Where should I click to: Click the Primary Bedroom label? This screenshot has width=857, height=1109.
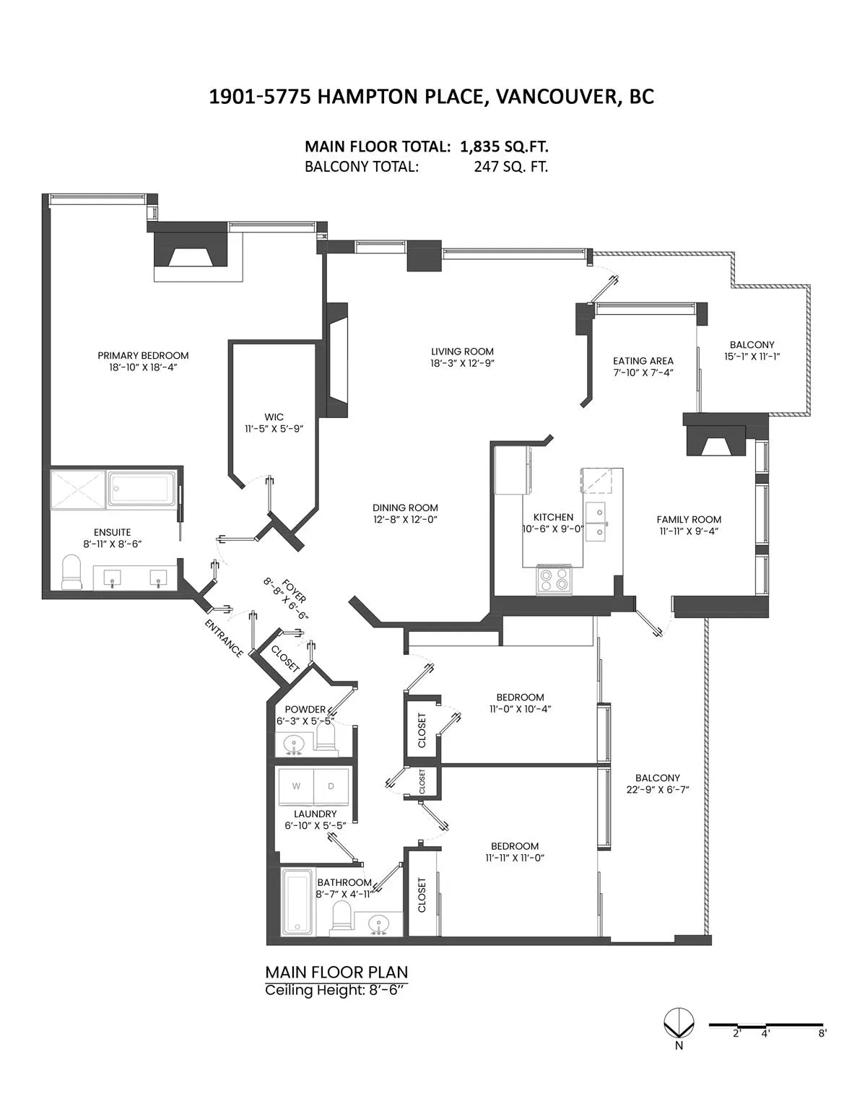pos(143,355)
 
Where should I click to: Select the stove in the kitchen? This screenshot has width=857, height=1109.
pos(553,579)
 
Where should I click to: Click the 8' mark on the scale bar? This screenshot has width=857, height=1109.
pos(822,1033)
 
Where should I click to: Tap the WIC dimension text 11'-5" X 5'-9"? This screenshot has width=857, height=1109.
pos(274,428)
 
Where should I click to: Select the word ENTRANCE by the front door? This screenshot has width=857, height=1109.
pos(224,638)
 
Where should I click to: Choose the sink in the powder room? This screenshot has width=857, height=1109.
pos(294,743)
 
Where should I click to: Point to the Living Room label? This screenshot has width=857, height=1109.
pos(462,352)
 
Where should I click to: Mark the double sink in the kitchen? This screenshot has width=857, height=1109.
pos(596,521)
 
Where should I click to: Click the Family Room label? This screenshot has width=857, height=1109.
pos(689,519)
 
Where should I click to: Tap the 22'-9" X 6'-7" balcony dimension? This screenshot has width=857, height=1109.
pos(658,789)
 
